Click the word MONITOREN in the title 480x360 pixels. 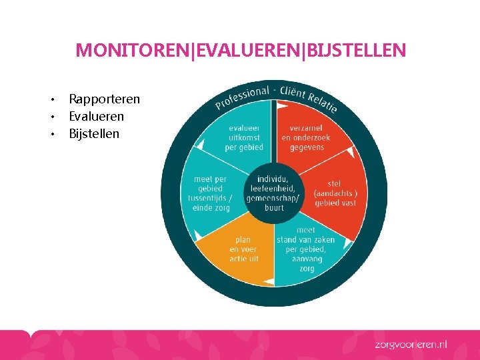tap(133, 51)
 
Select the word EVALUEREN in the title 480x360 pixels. tap(246, 51)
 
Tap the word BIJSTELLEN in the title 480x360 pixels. tap(355, 51)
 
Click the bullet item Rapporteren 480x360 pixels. tap(104, 99)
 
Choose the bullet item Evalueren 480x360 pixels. tap(96, 116)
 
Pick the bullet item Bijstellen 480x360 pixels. tap(94, 133)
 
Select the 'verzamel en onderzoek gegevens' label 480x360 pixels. tap(305, 137)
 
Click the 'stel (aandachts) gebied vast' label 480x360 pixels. tap(335, 193)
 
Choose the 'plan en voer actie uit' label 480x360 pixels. tap(243, 249)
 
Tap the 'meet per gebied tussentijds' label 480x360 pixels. tap(211, 193)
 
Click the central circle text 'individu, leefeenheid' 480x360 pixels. tap(273, 184)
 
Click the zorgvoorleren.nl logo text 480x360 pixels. tap(409, 345)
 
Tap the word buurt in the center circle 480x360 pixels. tap(273, 207)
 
